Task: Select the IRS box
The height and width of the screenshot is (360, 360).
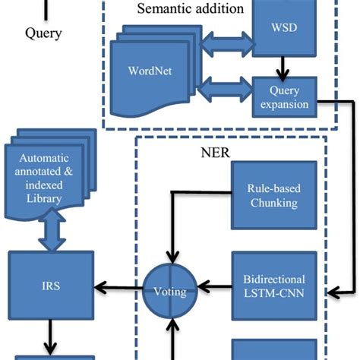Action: (x=51, y=286)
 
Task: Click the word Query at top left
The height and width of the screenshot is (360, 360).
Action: (x=43, y=33)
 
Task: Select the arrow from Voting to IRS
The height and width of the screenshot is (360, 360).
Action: (x=118, y=287)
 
